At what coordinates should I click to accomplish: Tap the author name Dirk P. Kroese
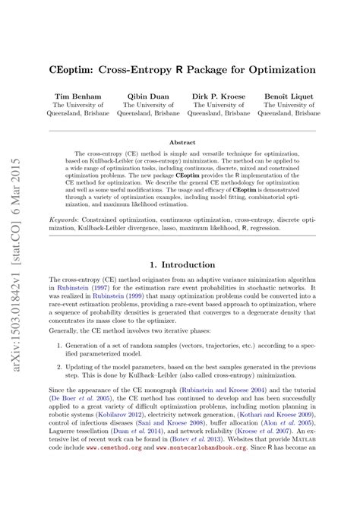pos(219,97)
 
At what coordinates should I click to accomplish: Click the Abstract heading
pos(182,142)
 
